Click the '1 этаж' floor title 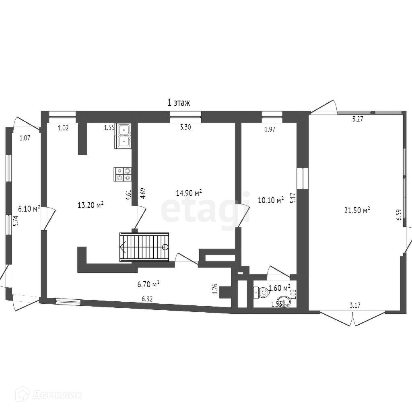click(179, 103)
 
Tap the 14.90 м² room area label click(189, 193)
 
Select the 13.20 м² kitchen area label click(91, 205)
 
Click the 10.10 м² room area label click(271, 200)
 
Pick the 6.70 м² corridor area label click(149, 284)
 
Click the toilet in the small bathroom click(260, 293)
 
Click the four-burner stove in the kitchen click(123, 174)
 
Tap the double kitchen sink click(123, 136)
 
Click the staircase click(144, 247)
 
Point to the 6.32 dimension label click(148, 299)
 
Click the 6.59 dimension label click(399, 215)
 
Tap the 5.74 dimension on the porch click(16, 221)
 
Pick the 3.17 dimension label click(355, 305)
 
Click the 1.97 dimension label click(270, 129)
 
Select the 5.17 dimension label click(293, 198)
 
